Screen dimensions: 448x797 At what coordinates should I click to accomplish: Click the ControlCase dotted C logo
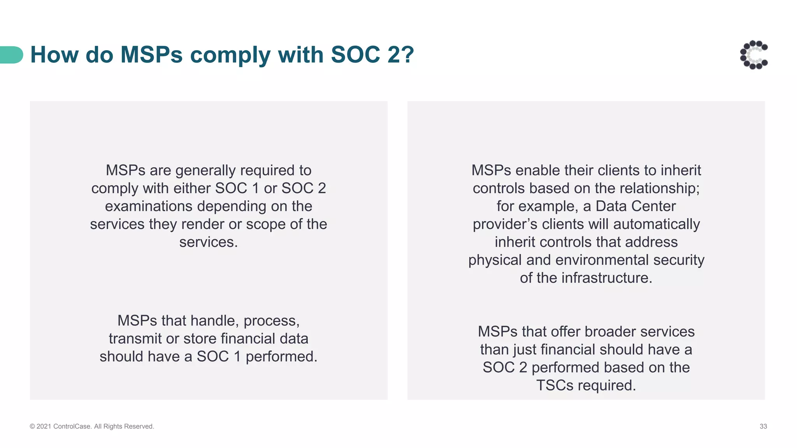754,55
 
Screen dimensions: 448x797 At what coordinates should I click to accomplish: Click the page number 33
763,426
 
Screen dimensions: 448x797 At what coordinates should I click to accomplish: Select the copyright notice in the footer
92,426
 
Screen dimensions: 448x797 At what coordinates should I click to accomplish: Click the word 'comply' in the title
230,55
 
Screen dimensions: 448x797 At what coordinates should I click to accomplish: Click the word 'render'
202,224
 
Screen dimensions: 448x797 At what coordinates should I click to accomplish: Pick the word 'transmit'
135,338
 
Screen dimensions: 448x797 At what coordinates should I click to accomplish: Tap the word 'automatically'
657,224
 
